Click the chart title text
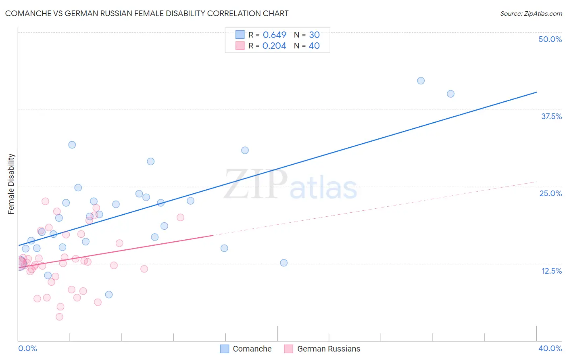pos(147,13)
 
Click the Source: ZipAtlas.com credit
pos(531,13)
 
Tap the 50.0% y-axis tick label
pos(550,39)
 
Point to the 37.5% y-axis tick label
pos(551,116)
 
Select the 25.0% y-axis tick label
pos(550,193)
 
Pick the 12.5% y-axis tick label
pos(551,271)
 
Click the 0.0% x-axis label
pos(27,348)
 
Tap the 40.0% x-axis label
pos(550,348)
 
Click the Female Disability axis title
pos(11,184)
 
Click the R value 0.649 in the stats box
pos(274,35)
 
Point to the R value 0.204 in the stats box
pos(274,46)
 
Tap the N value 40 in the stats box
pos(314,46)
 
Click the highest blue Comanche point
pos(421,81)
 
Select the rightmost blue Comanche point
pos(450,94)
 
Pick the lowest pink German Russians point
pos(59,317)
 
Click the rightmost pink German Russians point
pos(180,218)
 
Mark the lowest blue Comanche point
pos(109,295)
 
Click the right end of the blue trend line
pos(536,92)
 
